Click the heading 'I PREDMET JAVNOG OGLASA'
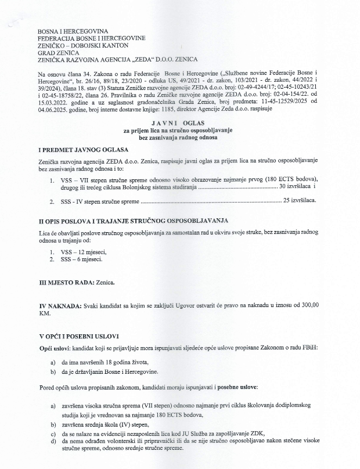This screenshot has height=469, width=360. tap(84, 150)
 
